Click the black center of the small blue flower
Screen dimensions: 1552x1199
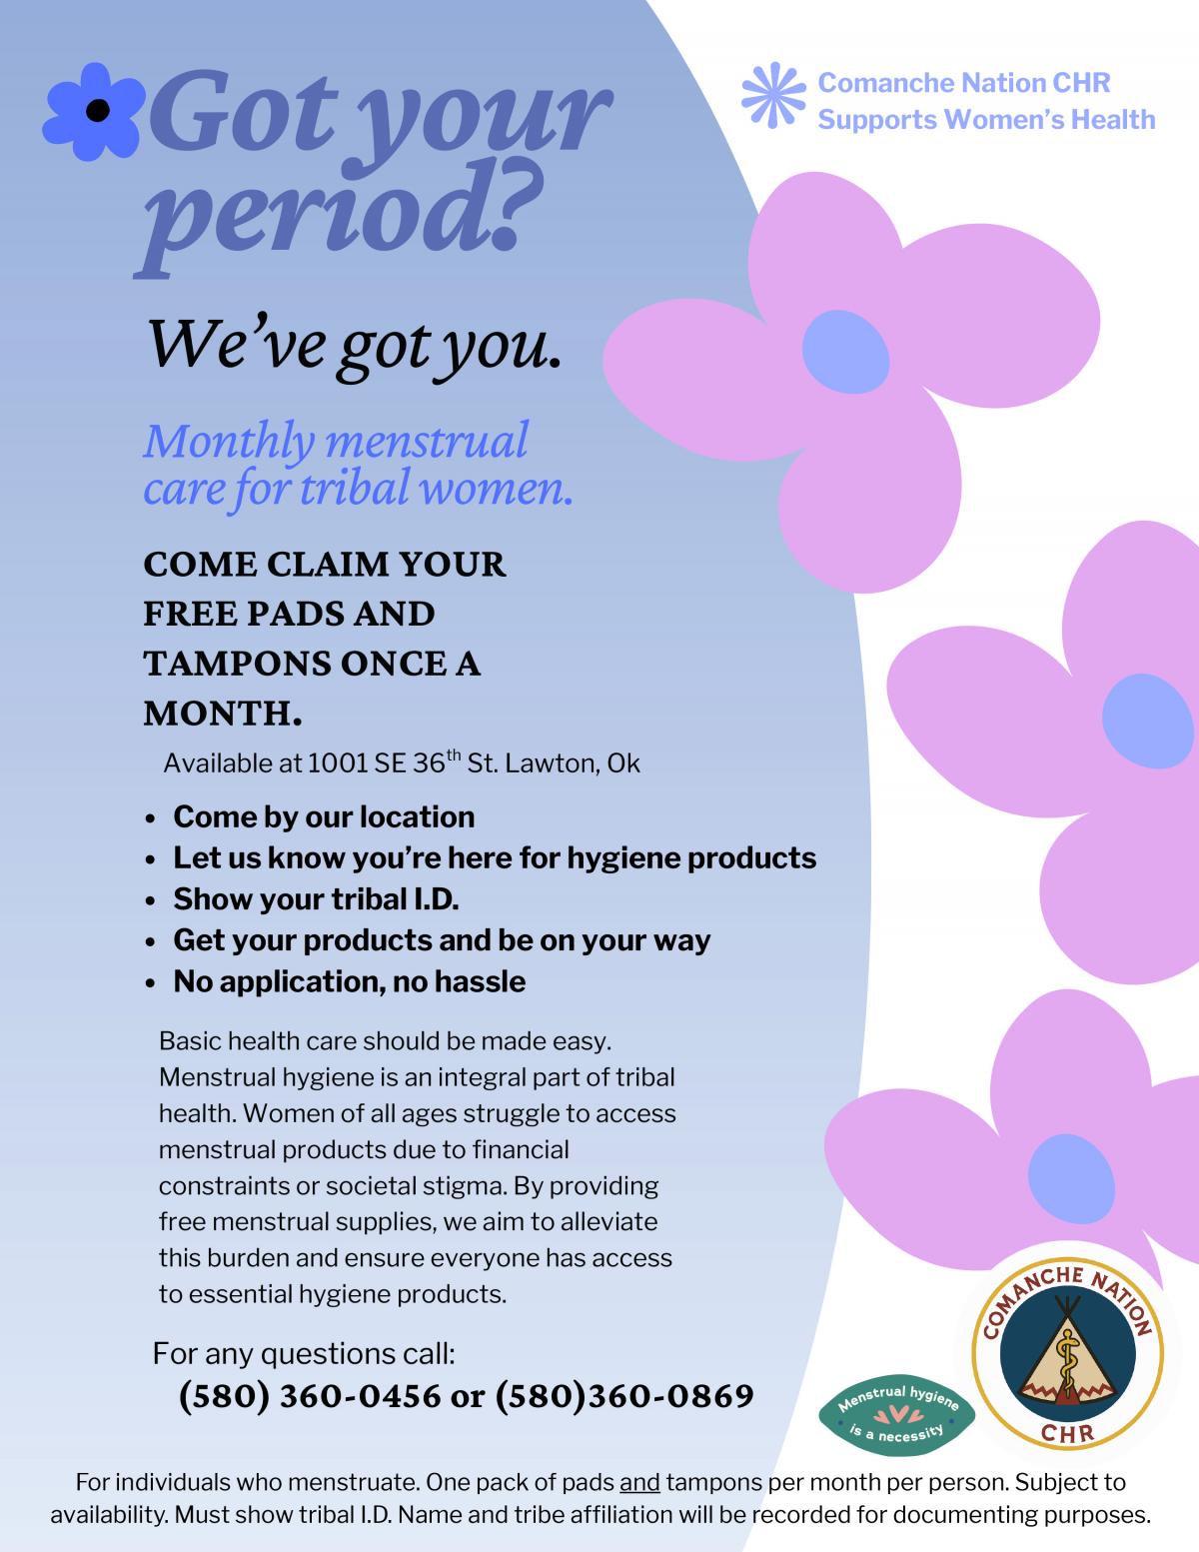click(97, 110)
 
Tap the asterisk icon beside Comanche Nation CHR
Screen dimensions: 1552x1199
click(772, 96)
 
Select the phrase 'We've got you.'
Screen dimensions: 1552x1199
click(352, 343)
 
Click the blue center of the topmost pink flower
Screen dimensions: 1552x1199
click(845, 351)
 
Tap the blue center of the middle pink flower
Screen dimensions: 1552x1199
click(1148, 716)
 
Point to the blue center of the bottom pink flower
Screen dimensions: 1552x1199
click(1070, 1176)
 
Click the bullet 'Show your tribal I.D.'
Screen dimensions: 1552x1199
click(316, 899)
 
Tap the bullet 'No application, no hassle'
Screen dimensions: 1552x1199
click(349, 981)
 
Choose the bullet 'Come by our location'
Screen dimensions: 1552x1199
click(324, 817)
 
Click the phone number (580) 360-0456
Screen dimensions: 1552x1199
click(310, 1396)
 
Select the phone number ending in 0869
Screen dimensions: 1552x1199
click(623, 1396)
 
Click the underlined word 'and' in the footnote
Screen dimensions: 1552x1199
click(639, 1482)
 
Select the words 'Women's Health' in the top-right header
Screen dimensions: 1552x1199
click(1049, 120)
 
